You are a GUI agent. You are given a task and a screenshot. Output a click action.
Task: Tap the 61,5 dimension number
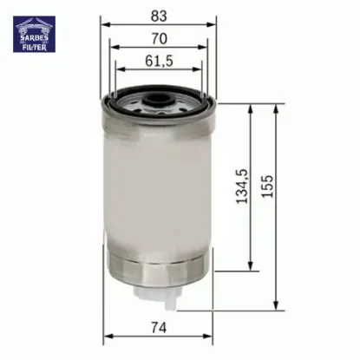point(157,61)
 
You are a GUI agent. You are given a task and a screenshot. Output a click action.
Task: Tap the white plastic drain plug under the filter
point(157,295)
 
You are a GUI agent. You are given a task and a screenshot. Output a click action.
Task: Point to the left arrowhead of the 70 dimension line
point(114,48)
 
